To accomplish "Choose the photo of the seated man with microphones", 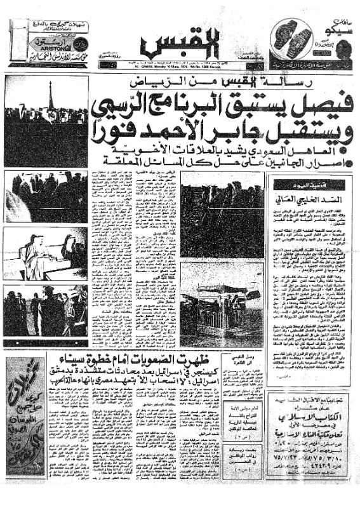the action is coord(44,252).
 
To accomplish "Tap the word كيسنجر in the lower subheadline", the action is coord(245,368).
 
